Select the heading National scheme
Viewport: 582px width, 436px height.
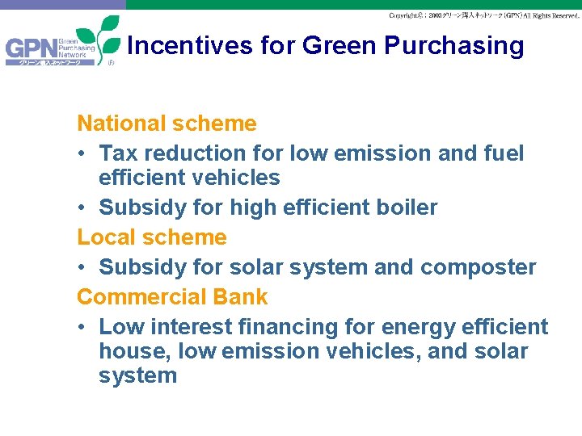(x=167, y=124)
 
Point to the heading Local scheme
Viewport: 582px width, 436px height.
(x=152, y=237)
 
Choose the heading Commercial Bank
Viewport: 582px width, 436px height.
(x=172, y=297)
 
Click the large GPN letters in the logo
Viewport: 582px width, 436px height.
(x=30, y=50)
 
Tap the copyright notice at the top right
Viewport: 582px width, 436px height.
(x=483, y=15)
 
